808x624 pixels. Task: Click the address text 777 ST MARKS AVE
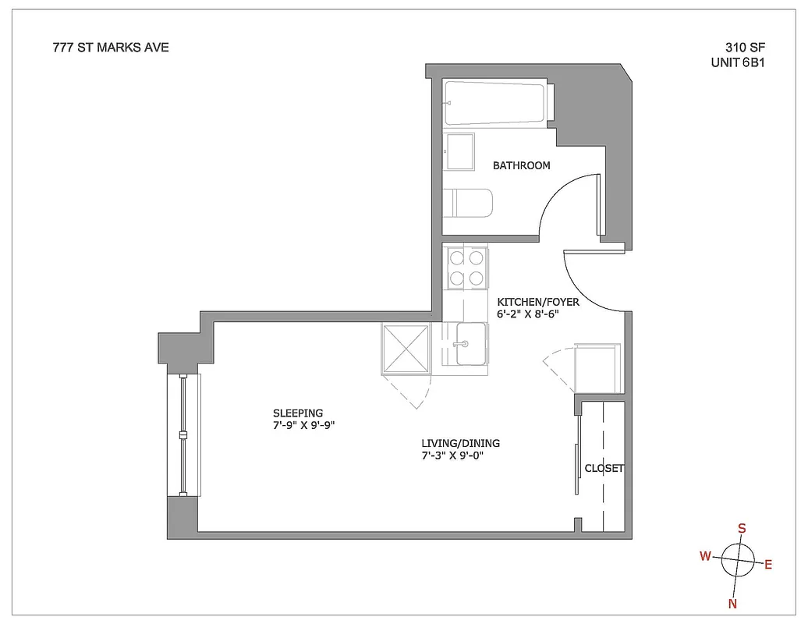pos(110,48)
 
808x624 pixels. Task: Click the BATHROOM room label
pos(521,165)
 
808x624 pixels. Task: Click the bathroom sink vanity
pos(459,151)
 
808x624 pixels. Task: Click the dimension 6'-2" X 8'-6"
pos(528,314)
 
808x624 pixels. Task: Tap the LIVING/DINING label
pos(459,443)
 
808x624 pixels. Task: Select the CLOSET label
pos(604,469)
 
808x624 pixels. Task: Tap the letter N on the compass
pos(732,603)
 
